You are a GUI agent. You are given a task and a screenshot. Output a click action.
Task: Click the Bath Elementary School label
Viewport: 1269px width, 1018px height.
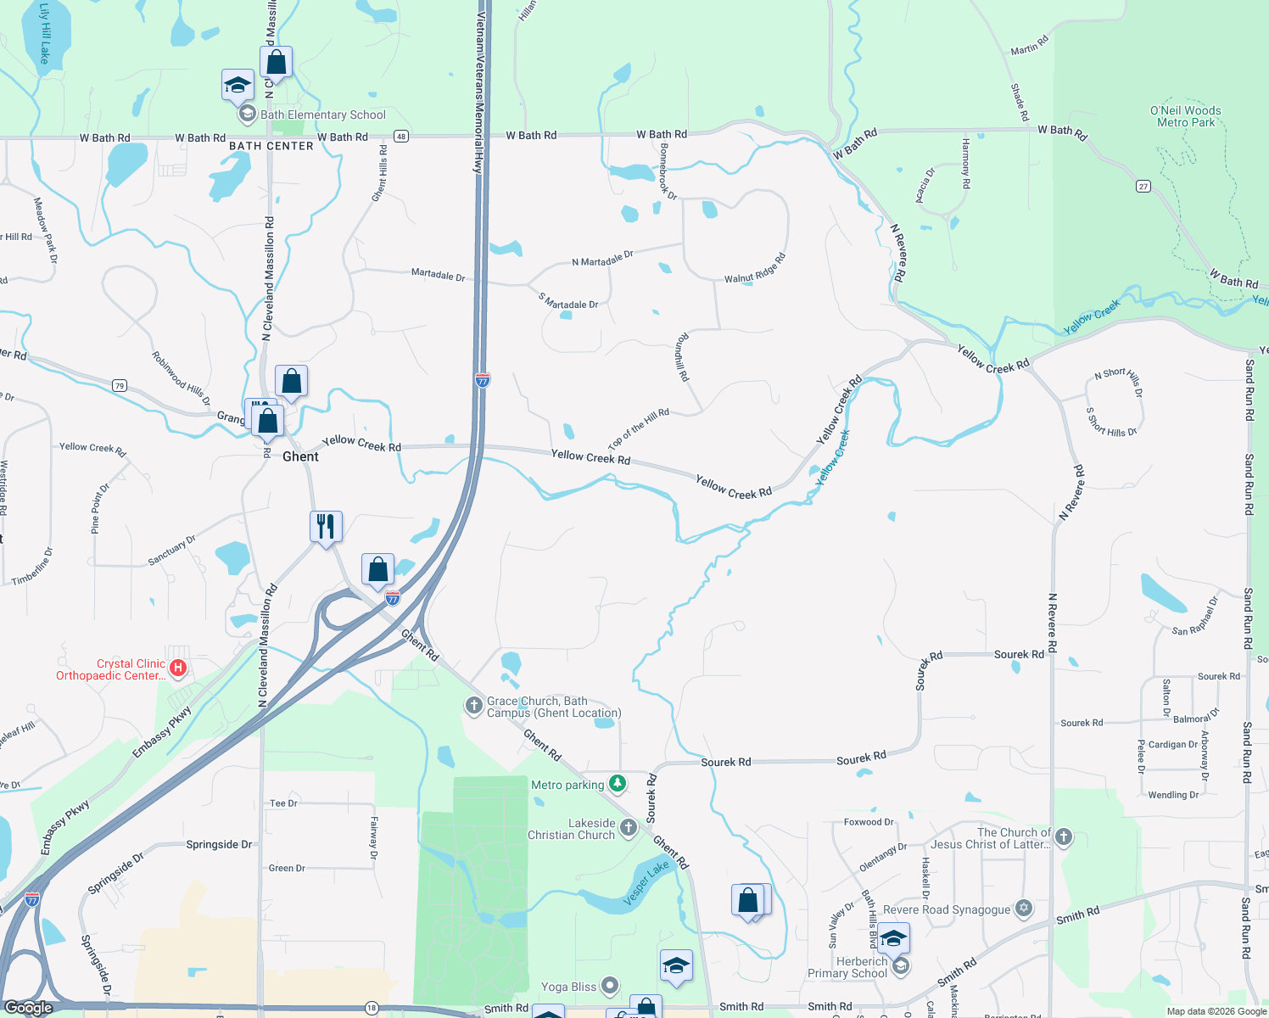pos(322,115)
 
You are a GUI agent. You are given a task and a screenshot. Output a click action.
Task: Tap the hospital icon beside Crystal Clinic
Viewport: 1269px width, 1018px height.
pos(178,668)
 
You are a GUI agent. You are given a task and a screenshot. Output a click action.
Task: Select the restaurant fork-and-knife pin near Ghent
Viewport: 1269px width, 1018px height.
pos(326,527)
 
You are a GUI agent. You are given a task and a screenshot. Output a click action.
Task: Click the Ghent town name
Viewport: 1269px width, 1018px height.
pos(300,456)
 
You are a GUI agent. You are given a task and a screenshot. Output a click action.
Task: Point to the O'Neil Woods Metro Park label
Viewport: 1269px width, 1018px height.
pos(1185,116)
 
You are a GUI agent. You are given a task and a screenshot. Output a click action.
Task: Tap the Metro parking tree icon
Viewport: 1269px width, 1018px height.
pos(618,784)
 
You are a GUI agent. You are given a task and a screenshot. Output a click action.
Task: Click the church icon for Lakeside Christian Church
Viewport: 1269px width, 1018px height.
pos(628,828)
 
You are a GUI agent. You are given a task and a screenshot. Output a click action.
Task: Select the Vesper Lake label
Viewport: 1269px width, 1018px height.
pos(647,882)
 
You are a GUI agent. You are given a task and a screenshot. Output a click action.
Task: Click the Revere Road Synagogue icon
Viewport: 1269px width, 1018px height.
pos(1024,909)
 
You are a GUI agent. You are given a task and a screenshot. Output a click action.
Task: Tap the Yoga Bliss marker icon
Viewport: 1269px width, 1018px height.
pos(610,986)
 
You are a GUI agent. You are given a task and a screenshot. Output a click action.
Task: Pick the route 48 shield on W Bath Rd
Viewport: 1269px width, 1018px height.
pos(401,137)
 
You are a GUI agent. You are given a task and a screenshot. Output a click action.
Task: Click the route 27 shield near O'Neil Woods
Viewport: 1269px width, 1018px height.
pos(1143,186)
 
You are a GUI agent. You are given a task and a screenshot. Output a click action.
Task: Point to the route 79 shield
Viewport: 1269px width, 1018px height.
pos(120,386)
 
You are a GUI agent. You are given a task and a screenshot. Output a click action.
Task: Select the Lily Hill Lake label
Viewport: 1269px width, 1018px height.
pos(44,34)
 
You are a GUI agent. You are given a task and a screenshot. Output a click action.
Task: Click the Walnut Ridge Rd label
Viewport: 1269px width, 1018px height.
pos(754,269)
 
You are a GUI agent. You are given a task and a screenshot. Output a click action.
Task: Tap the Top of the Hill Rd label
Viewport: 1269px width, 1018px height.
pos(638,430)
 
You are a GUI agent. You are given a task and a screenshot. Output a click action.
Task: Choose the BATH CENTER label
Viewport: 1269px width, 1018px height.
pos(271,146)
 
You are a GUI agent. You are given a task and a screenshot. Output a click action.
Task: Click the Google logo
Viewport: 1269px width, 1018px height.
pos(28,1008)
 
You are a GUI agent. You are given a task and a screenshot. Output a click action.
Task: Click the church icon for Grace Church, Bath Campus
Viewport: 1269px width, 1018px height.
pos(473,706)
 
